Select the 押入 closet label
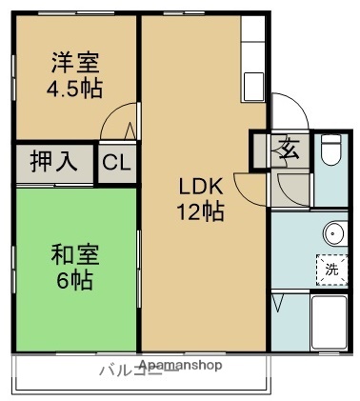pos(54,161)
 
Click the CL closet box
pos(117,162)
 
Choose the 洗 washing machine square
pos(330,269)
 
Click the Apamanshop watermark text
pos(180,365)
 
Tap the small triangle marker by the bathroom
pos(278,304)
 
